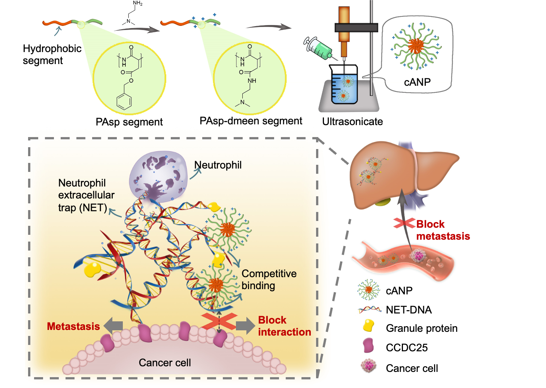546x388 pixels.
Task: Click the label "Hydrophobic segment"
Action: point(52,55)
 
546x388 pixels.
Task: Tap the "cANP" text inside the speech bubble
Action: point(417,82)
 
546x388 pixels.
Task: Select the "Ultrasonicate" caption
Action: point(352,122)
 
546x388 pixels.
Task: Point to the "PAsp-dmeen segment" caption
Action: point(251,121)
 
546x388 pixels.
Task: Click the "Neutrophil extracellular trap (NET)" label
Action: point(86,195)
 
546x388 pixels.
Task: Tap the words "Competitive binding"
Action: point(269,279)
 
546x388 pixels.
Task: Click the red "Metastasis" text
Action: point(73,327)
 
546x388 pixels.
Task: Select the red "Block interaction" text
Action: point(284,326)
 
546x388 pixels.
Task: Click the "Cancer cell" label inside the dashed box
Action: point(165,363)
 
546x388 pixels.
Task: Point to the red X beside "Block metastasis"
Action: point(404,223)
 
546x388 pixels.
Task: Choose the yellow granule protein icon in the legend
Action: point(368,326)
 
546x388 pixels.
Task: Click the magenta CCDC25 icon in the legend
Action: point(368,345)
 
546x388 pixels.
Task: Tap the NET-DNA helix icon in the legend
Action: point(370,309)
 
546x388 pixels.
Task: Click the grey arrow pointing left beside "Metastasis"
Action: point(113,325)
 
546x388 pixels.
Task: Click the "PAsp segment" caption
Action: point(129,122)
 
